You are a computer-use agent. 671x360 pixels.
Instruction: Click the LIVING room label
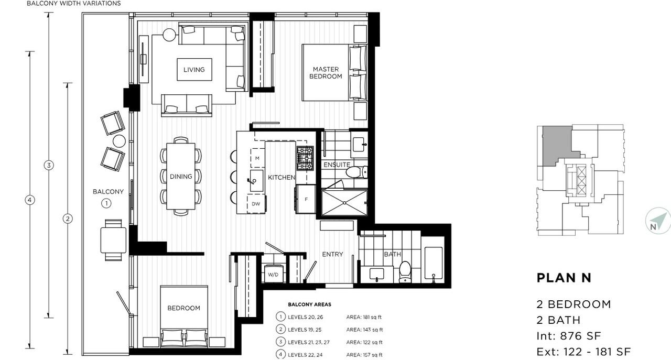point(194,70)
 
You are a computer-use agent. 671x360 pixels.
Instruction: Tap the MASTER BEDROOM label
point(326,73)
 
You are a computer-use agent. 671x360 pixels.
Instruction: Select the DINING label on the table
point(181,177)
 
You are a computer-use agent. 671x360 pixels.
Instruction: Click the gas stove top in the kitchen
point(305,158)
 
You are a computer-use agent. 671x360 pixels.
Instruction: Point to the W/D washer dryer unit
point(273,274)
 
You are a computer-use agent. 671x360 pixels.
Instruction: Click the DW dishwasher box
point(256,204)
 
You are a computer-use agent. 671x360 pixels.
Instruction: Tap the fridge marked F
point(306,199)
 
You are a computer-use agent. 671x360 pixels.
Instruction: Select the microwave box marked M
point(257,158)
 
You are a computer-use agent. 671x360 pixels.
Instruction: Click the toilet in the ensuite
point(356,172)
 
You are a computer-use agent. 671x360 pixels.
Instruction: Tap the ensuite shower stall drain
point(344,203)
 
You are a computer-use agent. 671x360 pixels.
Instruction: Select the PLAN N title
point(564,278)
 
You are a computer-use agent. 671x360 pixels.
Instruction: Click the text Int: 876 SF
point(569,336)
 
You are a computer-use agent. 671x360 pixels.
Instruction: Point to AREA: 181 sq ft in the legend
point(364,317)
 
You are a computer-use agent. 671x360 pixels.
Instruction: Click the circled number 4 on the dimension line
point(30,200)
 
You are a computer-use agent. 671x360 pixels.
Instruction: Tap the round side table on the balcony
point(119,141)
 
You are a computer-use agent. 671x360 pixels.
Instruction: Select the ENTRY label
point(332,254)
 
